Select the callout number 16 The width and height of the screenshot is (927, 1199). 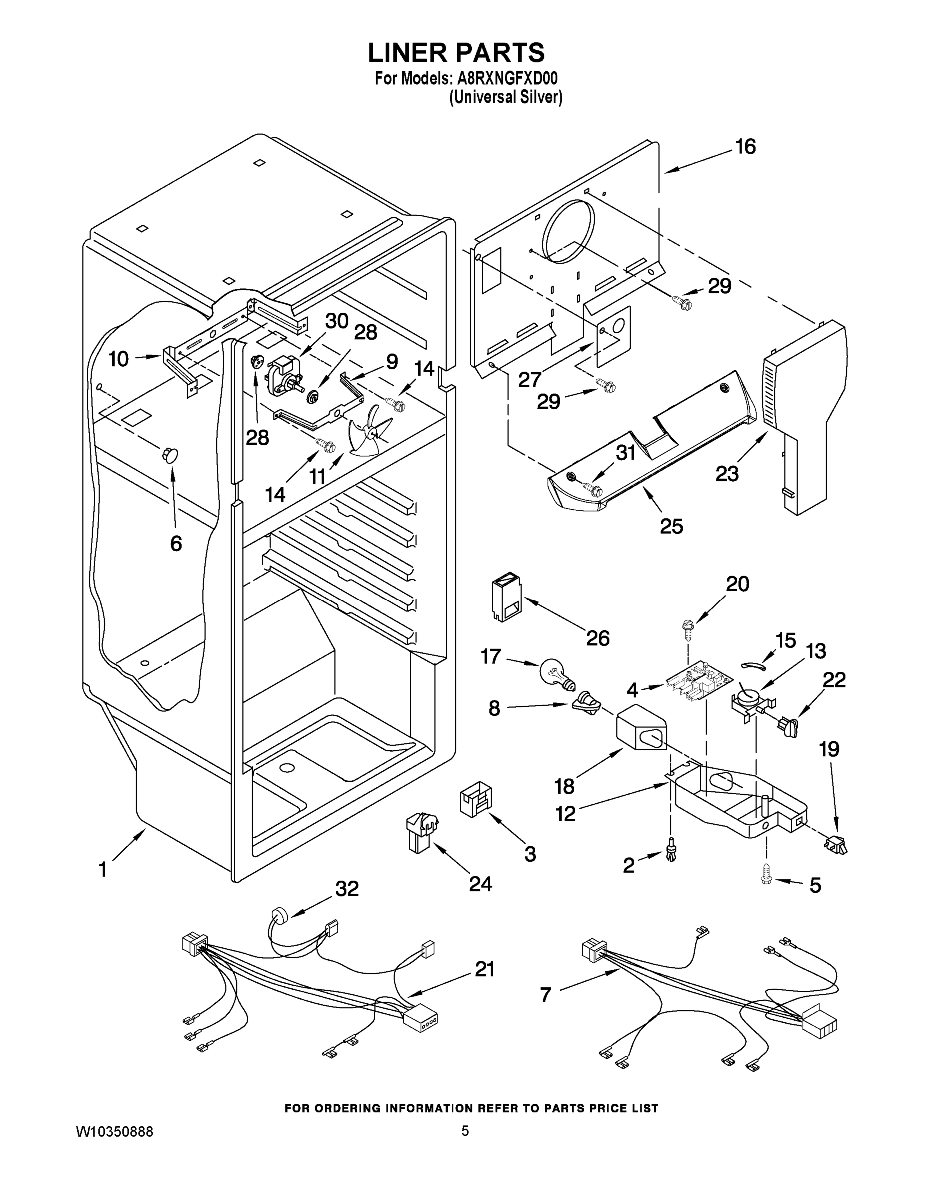tap(745, 147)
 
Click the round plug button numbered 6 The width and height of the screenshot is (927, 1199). tap(170, 455)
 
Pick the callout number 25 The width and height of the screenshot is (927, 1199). tap(671, 526)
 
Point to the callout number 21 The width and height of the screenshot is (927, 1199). tap(484, 969)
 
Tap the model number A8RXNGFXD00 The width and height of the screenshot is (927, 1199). tap(507, 79)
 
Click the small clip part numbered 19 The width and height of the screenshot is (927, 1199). tap(835, 845)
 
